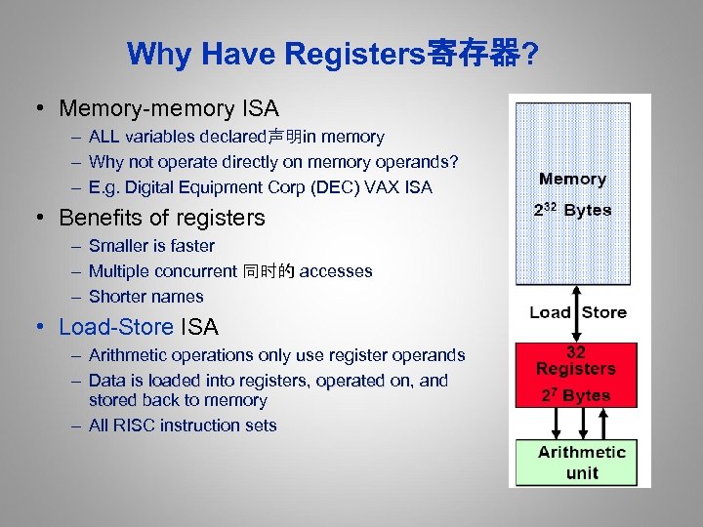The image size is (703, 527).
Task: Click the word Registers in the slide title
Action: tap(352, 55)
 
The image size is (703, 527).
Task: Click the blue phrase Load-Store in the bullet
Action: tap(116, 327)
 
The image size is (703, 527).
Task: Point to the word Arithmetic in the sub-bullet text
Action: tap(128, 355)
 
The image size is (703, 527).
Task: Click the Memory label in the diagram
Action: tap(573, 180)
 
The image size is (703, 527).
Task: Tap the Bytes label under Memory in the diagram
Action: tap(588, 210)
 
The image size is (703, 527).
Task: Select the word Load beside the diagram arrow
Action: tap(550, 312)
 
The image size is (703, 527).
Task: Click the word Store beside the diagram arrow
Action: tap(604, 312)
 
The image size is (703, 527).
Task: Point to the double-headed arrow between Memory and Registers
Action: tap(577, 312)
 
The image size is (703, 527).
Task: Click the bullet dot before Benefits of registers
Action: tap(46, 217)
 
